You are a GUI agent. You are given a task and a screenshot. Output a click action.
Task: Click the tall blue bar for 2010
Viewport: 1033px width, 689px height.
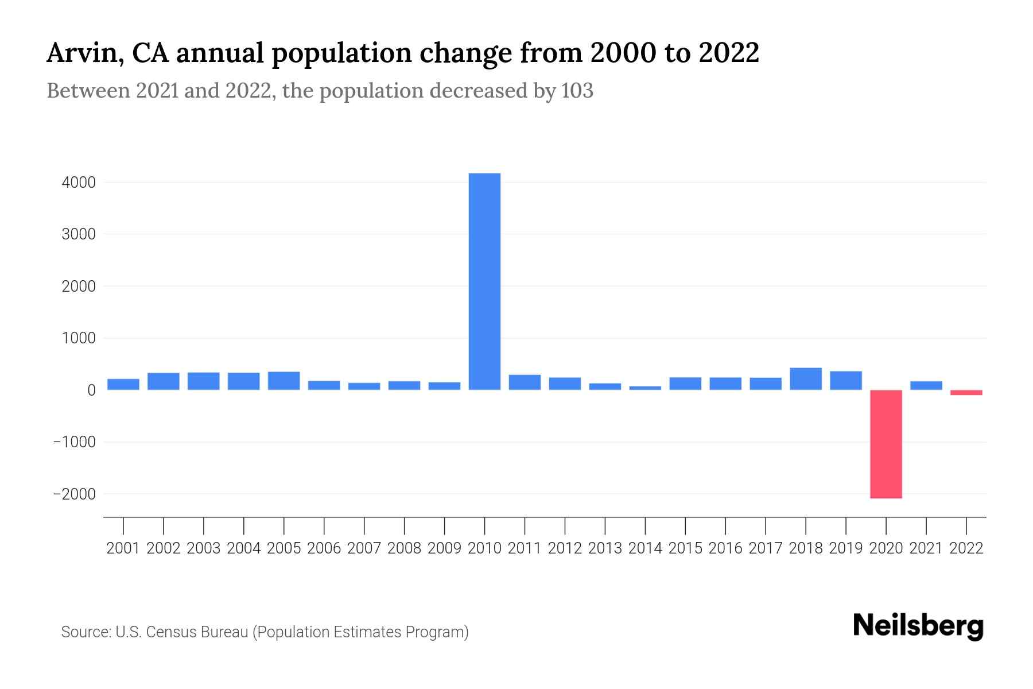(x=484, y=281)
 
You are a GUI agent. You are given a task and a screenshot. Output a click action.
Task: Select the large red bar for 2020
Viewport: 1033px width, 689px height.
(x=886, y=444)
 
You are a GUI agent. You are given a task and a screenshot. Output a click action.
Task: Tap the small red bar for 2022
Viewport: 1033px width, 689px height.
(x=966, y=393)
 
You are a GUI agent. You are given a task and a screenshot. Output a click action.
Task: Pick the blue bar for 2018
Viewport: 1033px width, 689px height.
(x=805, y=379)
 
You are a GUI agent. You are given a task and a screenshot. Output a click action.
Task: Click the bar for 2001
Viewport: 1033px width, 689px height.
(x=123, y=385)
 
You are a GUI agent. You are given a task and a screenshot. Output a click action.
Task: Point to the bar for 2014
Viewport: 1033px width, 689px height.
(x=645, y=388)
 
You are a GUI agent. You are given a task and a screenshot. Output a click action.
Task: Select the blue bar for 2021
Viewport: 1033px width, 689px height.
(x=926, y=386)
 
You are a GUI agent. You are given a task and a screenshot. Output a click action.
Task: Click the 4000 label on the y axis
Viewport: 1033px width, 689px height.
(x=79, y=183)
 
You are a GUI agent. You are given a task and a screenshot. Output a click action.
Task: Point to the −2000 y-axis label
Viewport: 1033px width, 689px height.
(x=75, y=494)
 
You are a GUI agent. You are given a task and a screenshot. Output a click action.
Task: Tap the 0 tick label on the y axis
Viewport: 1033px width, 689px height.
(x=91, y=390)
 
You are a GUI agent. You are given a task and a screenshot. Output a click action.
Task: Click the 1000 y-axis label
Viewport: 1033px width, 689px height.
(x=79, y=339)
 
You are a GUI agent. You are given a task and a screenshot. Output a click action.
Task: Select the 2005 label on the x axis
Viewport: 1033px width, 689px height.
(x=284, y=548)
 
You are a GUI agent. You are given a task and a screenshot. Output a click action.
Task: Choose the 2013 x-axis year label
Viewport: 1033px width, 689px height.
(x=605, y=548)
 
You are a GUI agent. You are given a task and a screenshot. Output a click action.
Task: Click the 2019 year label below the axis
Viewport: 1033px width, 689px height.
(x=845, y=548)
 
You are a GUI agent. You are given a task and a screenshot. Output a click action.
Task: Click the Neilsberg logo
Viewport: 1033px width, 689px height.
(x=918, y=626)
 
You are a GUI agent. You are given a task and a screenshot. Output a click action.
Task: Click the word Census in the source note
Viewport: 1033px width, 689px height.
(x=168, y=632)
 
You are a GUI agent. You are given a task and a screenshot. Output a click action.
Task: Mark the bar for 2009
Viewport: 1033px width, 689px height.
(x=444, y=386)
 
